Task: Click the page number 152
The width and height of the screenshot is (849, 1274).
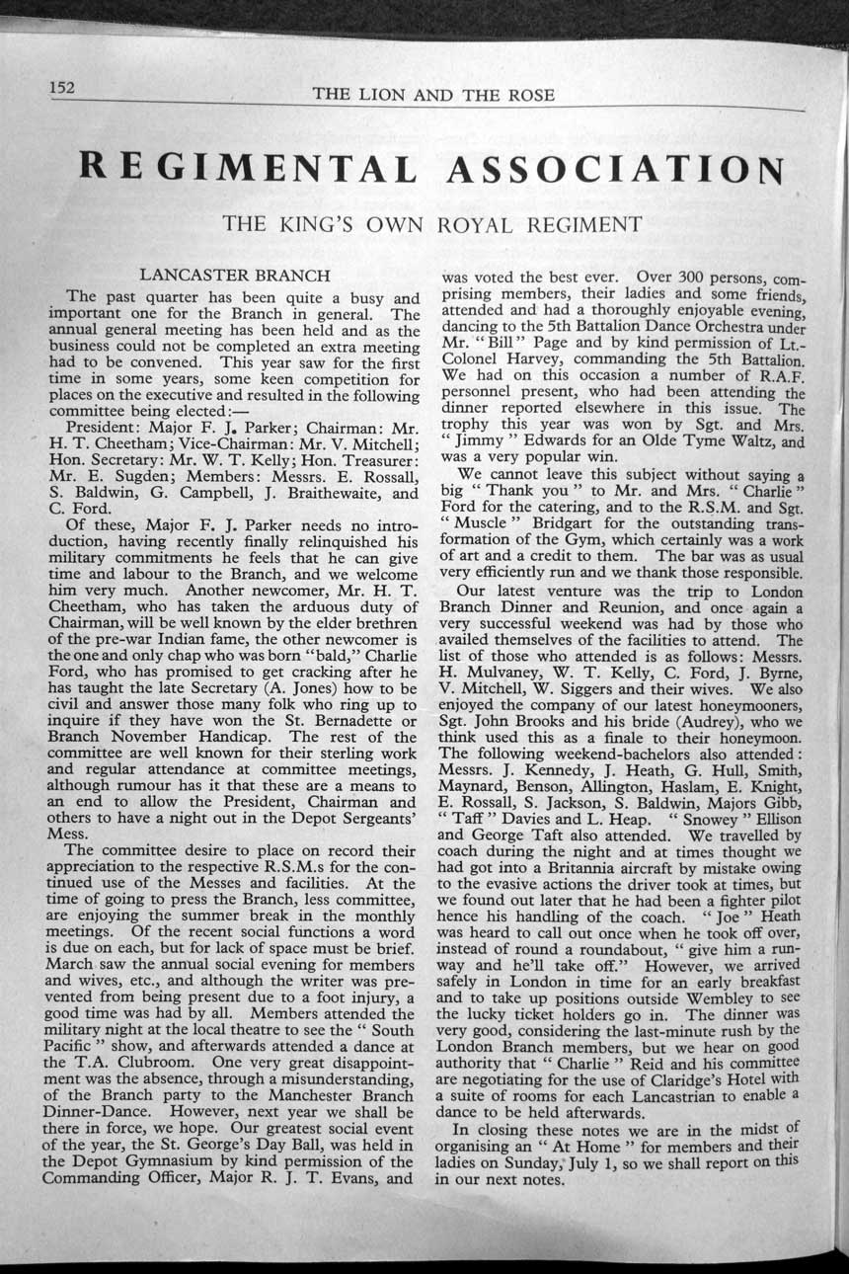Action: point(64,87)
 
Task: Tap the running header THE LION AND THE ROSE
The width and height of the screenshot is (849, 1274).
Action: point(433,95)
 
